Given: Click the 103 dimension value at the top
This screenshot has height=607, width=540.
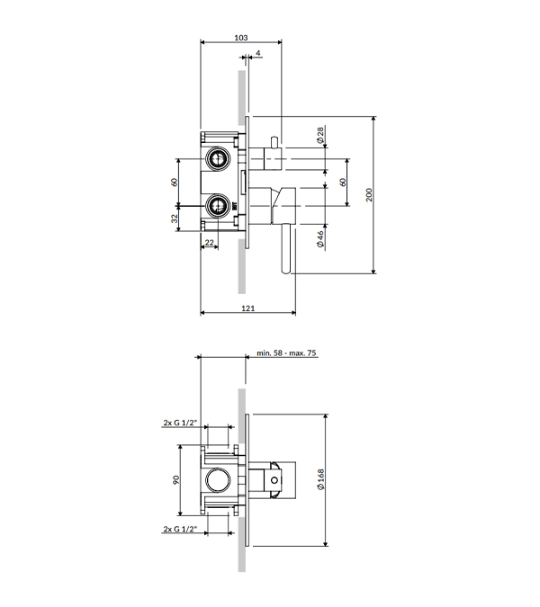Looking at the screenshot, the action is (241, 38).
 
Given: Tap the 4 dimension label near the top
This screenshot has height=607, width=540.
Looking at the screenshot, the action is (258, 53).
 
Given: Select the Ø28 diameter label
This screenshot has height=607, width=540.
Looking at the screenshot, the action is (320, 135).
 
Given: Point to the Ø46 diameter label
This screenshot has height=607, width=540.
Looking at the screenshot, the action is (320, 239).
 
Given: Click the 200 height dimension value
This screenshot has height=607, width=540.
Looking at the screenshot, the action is (369, 195).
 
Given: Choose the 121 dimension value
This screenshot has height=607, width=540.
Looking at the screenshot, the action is (247, 308).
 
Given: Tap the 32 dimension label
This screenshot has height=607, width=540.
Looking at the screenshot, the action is (175, 219).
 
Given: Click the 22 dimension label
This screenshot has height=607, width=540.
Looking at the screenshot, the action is (209, 243).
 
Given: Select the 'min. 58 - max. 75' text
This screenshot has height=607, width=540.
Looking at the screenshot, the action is (286, 353).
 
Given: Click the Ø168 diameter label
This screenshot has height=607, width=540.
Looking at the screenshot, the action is (320, 480).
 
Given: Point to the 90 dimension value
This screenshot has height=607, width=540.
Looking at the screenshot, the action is (176, 480).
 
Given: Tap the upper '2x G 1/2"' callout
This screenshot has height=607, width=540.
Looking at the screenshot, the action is (180, 423).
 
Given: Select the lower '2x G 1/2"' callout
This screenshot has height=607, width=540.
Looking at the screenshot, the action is (180, 529).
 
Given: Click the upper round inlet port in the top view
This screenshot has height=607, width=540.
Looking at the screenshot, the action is (218, 158).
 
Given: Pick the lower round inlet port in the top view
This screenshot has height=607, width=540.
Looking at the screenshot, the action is (218, 206).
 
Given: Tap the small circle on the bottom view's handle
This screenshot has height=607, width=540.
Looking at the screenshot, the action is (274, 480).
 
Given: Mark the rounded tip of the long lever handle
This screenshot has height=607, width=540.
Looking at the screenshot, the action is (286, 271).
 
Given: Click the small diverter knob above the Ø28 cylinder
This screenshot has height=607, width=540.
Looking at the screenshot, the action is (274, 142).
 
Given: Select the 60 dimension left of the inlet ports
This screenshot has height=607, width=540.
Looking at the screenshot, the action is (175, 182).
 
